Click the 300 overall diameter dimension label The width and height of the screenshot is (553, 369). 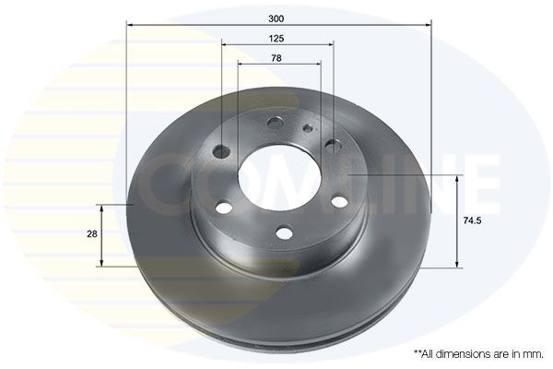(x=276, y=17)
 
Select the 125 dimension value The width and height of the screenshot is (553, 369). (x=276, y=38)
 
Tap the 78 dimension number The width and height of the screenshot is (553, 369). (x=276, y=58)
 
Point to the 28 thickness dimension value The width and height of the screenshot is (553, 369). (x=91, y=234)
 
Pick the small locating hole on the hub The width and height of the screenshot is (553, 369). (x=306, y=129)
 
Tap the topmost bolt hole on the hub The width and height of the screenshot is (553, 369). (x=275, y=123)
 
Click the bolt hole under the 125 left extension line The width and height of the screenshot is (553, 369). (x=221, y=151)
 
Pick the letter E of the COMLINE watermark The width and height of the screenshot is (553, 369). (x=479, y=180)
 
